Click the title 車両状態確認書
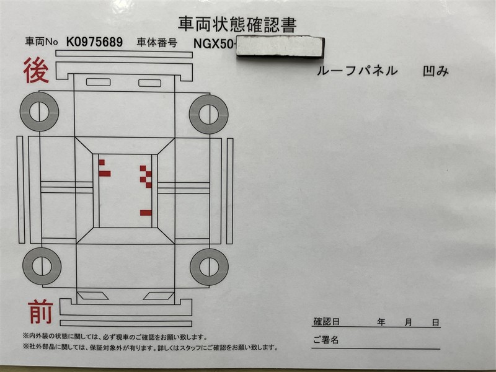tap(237, 25)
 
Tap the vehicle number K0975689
tap(94, 42)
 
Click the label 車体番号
tap(157, 42)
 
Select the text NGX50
tap(213, 43)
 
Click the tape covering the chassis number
tap(280, 47)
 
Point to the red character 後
tap(36, 70)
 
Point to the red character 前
tap(40, 312)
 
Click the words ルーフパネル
tap(357, 71)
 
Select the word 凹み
tap(436, 71)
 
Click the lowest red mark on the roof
tap(146, 213)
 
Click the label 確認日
tap(327, 322)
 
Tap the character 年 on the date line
tap(381, 322)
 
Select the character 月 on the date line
tap(409, 322)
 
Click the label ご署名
tap(326, 340)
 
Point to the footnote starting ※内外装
tap(115, 337)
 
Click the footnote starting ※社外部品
tap(150, 347)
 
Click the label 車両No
tap(42, 42)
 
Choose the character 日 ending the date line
tap(436, 322)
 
